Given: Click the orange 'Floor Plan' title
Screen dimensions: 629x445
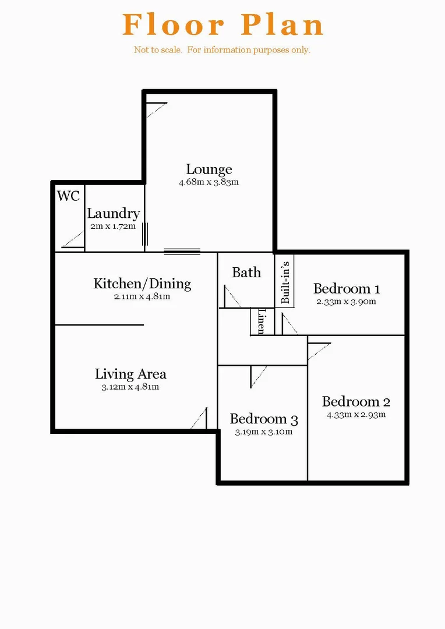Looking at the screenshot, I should point(223,24).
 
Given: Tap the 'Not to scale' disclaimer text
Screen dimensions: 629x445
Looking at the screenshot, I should point(222,50).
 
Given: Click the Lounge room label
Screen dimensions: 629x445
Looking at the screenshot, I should point(209,169).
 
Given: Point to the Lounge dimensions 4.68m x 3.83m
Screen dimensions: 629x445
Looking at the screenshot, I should point(209,182).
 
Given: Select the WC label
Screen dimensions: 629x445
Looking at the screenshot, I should point(68,196).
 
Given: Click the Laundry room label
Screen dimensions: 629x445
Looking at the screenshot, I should point(113,214).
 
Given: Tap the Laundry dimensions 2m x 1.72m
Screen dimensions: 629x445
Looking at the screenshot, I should point(113,225).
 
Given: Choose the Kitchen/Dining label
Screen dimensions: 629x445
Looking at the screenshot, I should point(142,284).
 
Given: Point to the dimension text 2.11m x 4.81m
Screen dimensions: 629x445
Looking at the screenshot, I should point(142,296).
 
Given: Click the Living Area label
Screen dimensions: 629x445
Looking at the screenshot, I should point(130,374).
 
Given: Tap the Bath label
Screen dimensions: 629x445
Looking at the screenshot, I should point(246,272).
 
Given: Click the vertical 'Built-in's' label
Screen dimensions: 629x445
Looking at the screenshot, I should point(285,282).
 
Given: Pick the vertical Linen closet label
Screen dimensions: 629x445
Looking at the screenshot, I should point(261,321).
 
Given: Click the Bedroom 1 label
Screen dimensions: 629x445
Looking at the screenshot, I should point(347,288).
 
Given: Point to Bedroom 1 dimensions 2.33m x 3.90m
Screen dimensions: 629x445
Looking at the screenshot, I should point(347,301).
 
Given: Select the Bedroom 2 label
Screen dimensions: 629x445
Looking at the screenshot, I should point(356,402).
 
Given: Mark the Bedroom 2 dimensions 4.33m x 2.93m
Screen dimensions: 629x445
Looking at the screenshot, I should point(356,415).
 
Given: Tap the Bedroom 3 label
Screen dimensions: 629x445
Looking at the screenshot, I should point(264,419).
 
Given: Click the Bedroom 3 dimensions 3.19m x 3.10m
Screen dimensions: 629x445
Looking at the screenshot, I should point(264,432).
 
